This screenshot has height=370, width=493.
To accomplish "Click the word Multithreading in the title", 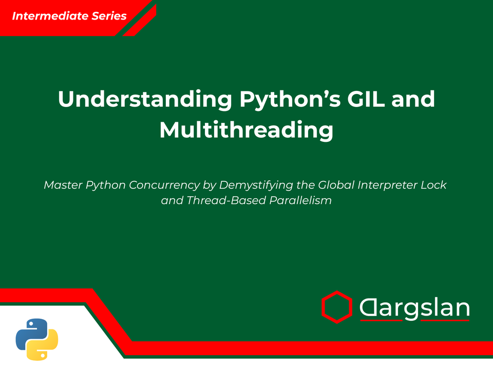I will click(x=246, y=130).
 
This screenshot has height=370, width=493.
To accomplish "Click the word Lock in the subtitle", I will click(x=435, y=185).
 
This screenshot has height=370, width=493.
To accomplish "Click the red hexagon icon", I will click(x=336, y=307).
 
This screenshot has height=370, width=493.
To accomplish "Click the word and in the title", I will click(x=413, y=100).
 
